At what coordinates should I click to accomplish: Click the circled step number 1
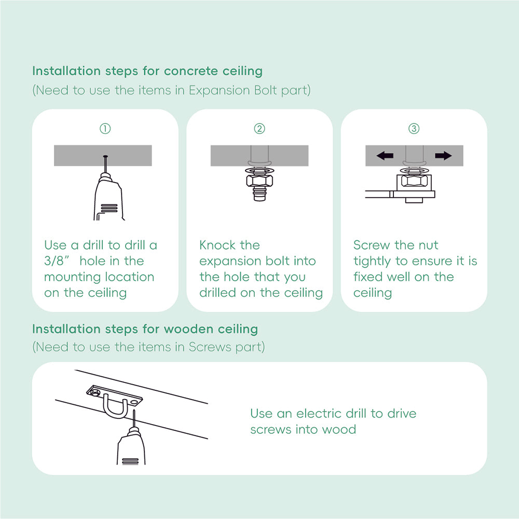pyautogui.click(x=105, y=128)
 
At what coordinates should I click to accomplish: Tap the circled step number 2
pyautogui.click(x=259, y=128)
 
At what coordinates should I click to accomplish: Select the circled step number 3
pyautogui.click(x=414, y=128)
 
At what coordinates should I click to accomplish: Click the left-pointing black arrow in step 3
pyautogui.click(x=385, y=156)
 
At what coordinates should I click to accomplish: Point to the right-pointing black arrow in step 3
pyautogui.click(x=443, y=156)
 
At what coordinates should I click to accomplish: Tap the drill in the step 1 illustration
pyautogui.click(x=108, y=197)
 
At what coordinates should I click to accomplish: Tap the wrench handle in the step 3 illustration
pyautogui.click(x=378, y=194)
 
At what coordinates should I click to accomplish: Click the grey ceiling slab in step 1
pyautogui.click(x=78, y=156)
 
